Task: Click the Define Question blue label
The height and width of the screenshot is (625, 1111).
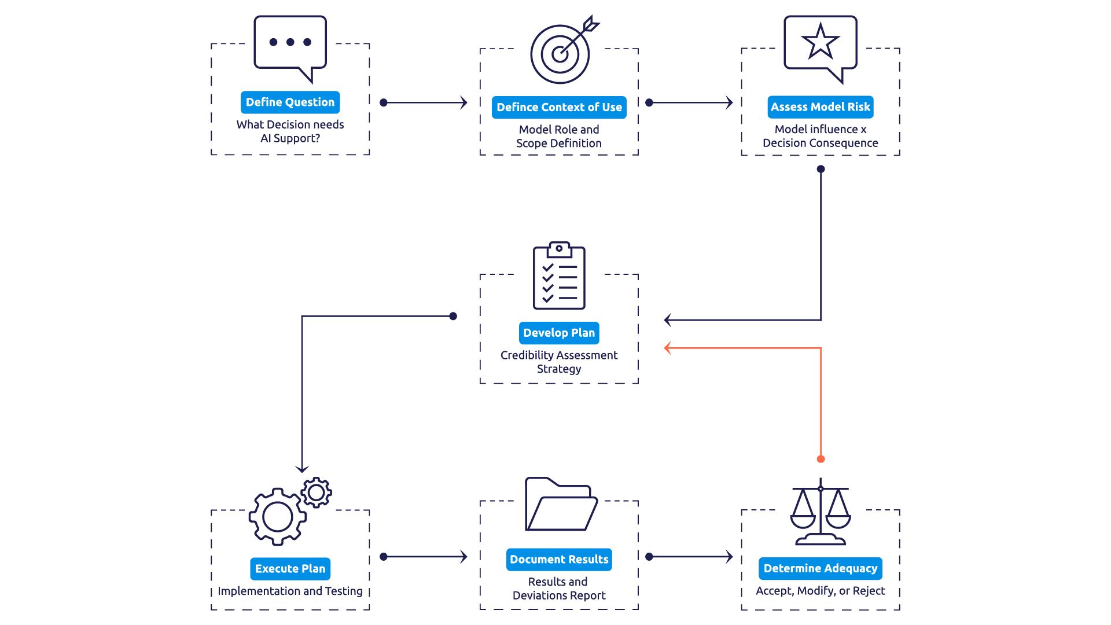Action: coord(290,102)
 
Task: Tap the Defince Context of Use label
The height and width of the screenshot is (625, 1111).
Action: coord(559,108)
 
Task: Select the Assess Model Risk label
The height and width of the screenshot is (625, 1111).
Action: coord(820,107)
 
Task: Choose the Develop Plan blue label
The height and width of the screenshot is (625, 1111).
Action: coord(559,333)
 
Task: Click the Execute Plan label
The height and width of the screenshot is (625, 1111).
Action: coord(290,569)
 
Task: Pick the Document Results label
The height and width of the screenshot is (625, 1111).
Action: coord(559,560)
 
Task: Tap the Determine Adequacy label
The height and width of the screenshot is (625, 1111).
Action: coord(820,568)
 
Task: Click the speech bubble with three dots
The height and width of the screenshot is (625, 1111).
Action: coord(290,43)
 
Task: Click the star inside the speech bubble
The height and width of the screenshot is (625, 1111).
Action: coord(820,42)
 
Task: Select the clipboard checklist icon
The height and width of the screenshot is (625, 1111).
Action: coord(559,277)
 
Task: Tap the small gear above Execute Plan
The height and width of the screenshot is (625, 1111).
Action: coord(316,492)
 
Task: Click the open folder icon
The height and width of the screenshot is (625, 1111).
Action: coord(560,505)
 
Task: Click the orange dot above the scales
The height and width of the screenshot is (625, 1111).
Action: coord(821,459)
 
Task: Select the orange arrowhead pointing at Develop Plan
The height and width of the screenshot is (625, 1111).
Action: coord(668,348)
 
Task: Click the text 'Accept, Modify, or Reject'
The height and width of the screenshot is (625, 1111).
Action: coord(820,591)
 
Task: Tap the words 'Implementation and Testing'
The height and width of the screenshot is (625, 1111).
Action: coord(290,591)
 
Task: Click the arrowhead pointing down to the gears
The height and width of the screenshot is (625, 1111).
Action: coord(301,468)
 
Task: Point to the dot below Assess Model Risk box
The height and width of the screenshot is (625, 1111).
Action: coord(821,169)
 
